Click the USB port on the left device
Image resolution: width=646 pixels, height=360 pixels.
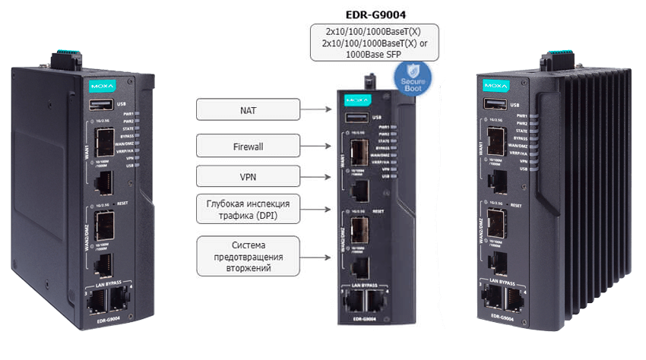(x=101, y=106)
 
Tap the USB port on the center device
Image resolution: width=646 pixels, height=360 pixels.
(x=355, y=117)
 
